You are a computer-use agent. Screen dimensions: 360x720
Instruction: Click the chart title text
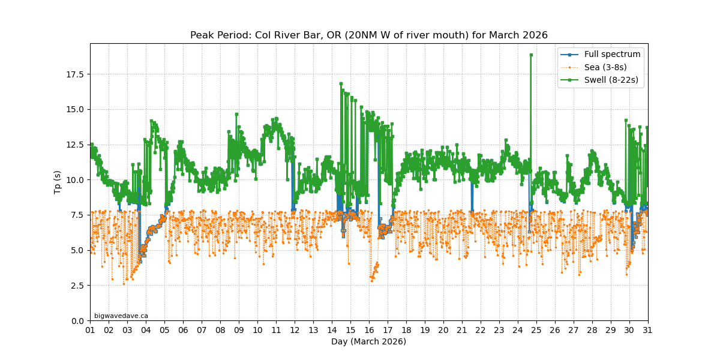click(x=368, y=35)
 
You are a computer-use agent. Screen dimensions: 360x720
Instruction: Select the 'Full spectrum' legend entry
click(x=612, y=54)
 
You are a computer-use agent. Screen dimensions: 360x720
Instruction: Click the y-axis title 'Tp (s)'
click(x=58, y=182)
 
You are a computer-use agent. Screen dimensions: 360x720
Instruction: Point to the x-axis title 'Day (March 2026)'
click(x=368, y=341)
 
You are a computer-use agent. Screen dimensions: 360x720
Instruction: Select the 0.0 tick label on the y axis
click(x=79, y=320)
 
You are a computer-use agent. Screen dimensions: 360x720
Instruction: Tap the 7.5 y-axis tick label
click(x=79, y=215)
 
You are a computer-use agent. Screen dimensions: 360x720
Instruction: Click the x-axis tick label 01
click(x=90, y=330)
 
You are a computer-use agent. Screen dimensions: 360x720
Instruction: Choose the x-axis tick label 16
click(x=369, y=330)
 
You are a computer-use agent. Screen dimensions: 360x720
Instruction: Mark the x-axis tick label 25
click(x=536, y=330)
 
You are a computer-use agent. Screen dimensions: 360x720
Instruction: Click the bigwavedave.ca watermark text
click(x=121, y=316)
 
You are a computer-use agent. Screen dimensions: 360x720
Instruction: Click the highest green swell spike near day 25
click(x=531, y=55)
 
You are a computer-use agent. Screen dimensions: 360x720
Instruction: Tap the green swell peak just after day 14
click(x=341, y=84)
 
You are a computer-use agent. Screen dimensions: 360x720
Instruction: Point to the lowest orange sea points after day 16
click(x=371, y=279)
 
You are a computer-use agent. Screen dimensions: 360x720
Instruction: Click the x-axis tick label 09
click(x=239, y=330)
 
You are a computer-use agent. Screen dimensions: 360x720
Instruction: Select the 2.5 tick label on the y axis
click(x=79, y=285)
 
